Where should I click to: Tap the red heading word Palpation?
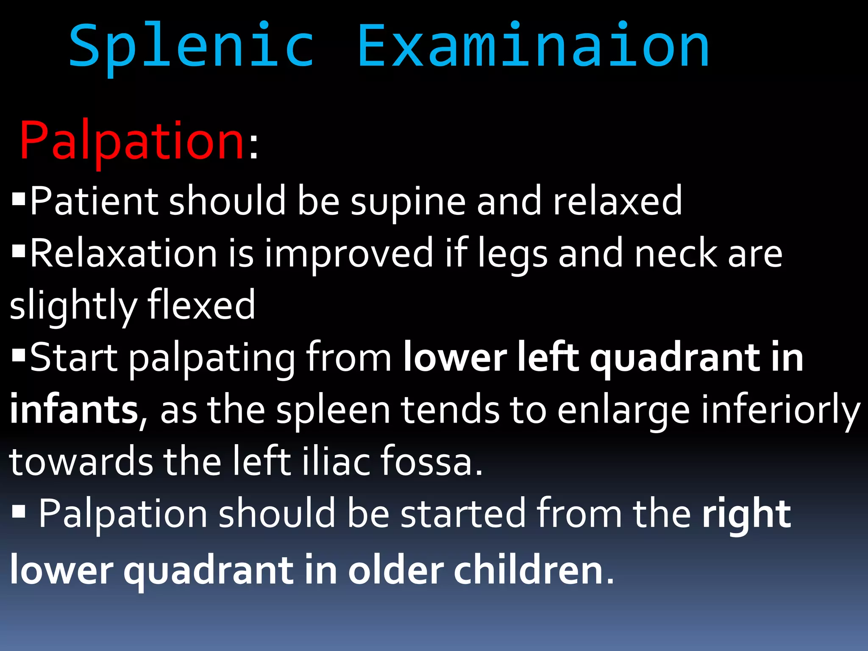pyautogui.click(x=132, y=141)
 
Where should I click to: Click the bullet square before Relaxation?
pyautogui.click(x=19, y=251)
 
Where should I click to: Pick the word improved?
pyautogui.click(x=349, y=254)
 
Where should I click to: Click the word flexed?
pyautogui.click(x=201, y=306)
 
